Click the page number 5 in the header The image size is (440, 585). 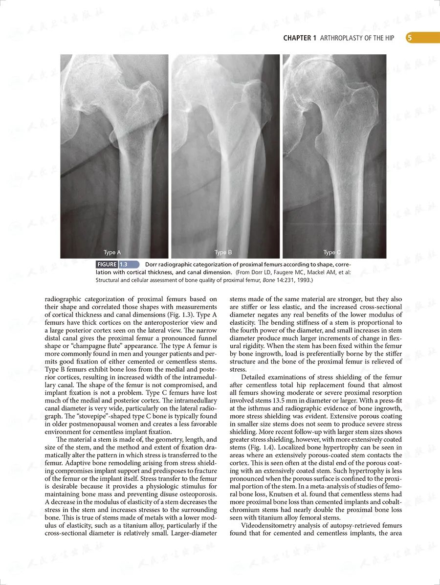tap(409, 38)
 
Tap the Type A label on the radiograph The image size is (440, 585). tap(112, 252)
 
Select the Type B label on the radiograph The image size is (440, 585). tap(223, 252)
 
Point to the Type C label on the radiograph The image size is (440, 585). tap(332, 252)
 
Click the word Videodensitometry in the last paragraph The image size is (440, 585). tap(267, 525)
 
